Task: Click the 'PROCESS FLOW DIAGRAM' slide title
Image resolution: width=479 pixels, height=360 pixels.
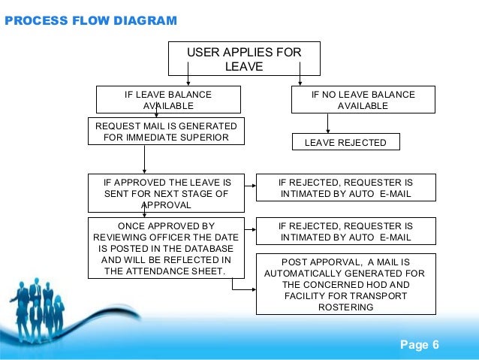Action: [x=91, y=21]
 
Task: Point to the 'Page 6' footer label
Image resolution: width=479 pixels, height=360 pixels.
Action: [x=420, y=345]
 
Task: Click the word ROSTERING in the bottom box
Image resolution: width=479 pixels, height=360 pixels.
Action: [x=346, y=307]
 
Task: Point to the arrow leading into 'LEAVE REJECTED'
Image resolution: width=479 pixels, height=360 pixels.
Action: [x=328, y=123]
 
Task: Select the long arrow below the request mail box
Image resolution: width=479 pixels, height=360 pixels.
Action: [x=144, y=159]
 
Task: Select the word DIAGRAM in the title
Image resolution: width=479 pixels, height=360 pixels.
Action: [x=146, y=21]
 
